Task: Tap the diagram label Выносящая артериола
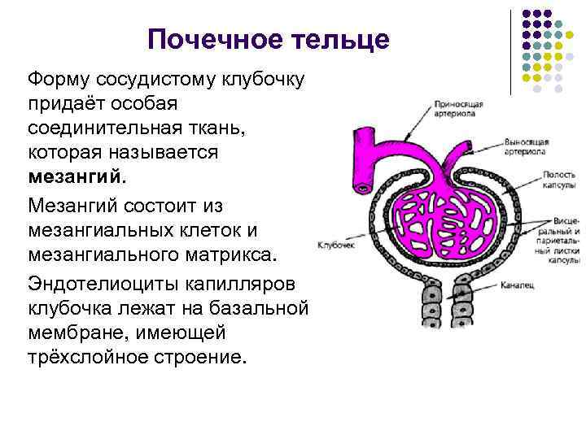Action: click(x=527, y=146)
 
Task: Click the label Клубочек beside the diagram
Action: click(x=333, y=244)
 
